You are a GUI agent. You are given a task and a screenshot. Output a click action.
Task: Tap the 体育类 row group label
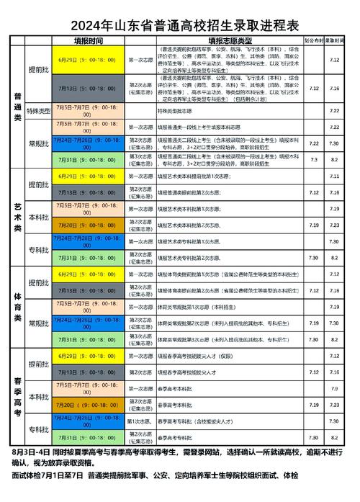coord(17,305)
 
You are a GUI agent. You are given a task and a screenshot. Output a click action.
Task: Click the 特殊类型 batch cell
coord(38,111)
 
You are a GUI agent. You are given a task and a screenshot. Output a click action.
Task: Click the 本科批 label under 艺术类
coord(38,217)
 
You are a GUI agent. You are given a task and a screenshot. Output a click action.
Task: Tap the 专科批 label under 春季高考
coord(38,429)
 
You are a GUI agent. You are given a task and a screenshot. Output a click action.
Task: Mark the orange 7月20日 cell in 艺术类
coord(86,225)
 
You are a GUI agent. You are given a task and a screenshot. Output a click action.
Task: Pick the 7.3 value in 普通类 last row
coord(313,158)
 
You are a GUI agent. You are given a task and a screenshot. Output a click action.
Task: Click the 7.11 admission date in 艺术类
coord(334,176)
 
